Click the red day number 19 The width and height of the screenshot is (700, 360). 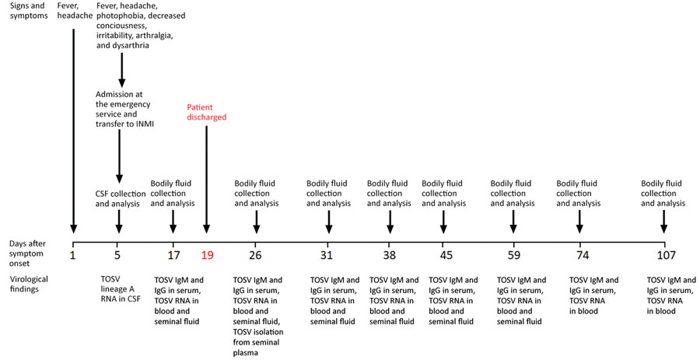coord(207,256)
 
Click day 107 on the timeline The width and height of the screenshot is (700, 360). coord(666,256)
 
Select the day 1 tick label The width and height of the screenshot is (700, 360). coord(74,256)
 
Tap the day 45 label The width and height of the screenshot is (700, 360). coord(446,256)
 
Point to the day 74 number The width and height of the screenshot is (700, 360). coord(583,256)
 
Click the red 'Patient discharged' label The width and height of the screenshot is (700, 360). coord(206,113)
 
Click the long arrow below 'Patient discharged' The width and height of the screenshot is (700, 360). coord(206,180)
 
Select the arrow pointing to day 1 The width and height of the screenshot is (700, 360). coord(74,131)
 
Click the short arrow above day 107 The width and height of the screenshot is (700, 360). coord(664,222)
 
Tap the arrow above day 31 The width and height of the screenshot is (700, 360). coord(328,222)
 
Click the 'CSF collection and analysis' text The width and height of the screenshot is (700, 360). coord(121,199)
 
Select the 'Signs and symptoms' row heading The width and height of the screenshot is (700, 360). coord(28,11)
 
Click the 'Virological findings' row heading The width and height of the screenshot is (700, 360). coord(29,284)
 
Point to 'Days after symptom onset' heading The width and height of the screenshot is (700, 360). coord(26,253)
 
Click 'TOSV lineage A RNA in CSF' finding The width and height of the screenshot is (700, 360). coord(121,289)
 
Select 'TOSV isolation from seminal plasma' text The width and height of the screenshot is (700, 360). coord(258,342)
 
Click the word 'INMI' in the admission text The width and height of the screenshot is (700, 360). coord(143,124)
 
